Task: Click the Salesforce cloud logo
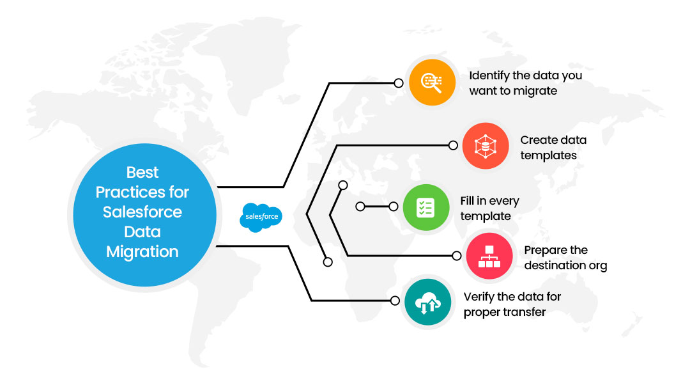click(261, 217)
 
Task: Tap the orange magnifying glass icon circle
click(432, 82)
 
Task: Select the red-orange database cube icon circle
click(486, 146)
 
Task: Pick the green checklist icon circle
click(426, 207)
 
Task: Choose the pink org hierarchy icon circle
click(489, 256)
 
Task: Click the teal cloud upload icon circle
click(427, 302)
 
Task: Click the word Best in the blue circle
click(142, 172)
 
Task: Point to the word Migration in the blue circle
click(142, 252)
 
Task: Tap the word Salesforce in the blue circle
click(142, 212)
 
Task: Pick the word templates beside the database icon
click(548, 155)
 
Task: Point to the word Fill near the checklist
click(467, 201)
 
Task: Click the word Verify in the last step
click(479, 297)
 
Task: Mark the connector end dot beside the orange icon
click(399, 82)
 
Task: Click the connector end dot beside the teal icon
click(395, 301)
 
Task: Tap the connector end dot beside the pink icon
click(457, 255)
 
